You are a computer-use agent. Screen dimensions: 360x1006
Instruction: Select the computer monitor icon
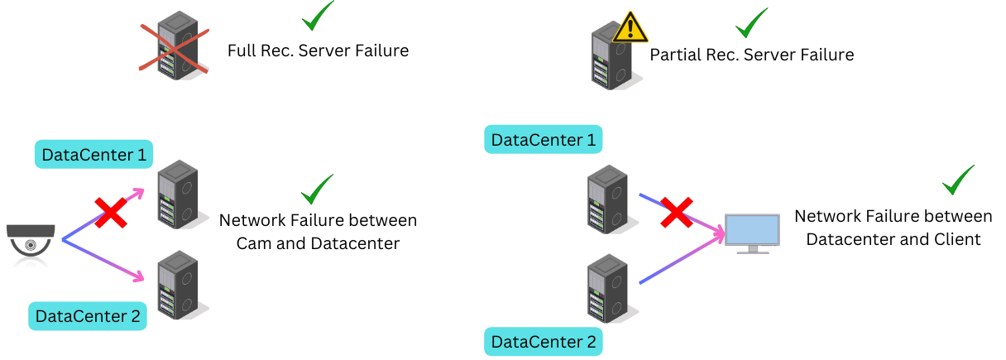coord(752,233)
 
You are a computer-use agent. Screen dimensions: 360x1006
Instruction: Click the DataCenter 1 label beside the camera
coord(93,154)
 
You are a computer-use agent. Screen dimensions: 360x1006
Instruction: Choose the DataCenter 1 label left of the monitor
coord(543,139)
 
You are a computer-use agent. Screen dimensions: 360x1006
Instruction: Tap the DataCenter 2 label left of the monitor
coord(543,341)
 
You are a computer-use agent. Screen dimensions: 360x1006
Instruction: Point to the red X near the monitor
coord(676,211)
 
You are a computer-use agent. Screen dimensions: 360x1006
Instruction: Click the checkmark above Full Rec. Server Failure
coord(317,17)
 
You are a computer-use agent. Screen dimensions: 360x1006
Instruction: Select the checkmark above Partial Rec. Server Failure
coord(751,23)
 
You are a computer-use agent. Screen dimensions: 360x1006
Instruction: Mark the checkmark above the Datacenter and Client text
coord(958,180)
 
